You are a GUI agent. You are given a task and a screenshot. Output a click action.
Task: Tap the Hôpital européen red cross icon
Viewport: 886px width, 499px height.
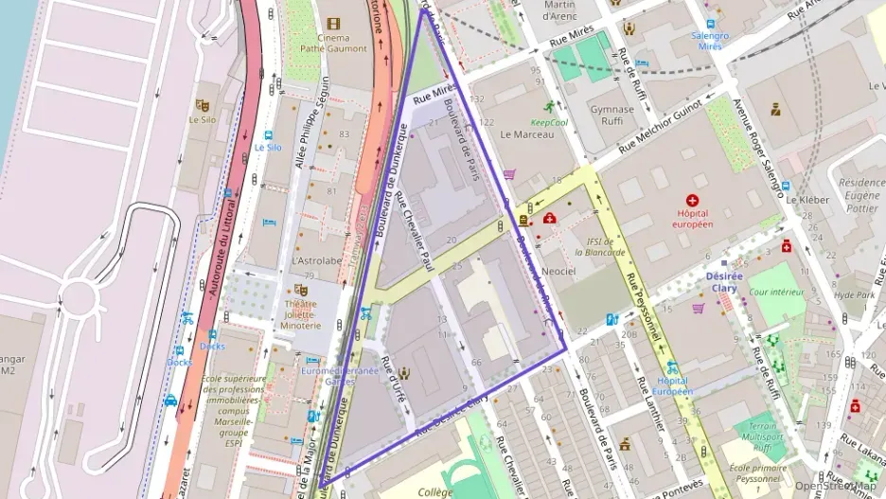[x=692, y=201]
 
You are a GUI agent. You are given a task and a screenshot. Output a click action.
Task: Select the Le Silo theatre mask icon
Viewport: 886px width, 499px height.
[x=201, y=105]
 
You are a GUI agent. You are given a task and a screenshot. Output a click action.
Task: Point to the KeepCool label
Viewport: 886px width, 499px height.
[x=549, y=122]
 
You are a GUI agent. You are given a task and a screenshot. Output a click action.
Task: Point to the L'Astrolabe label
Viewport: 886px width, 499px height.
[x=317, y=260]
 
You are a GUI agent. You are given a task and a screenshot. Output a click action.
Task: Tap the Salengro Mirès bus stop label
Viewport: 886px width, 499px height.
[x=710, y=40]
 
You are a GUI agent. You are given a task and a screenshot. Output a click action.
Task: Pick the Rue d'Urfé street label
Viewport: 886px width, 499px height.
[x=393, y=379]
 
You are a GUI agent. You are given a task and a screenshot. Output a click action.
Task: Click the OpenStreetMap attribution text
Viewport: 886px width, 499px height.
[x=839, y=486]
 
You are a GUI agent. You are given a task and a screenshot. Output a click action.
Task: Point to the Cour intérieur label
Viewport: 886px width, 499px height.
[x=776, y=293]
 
